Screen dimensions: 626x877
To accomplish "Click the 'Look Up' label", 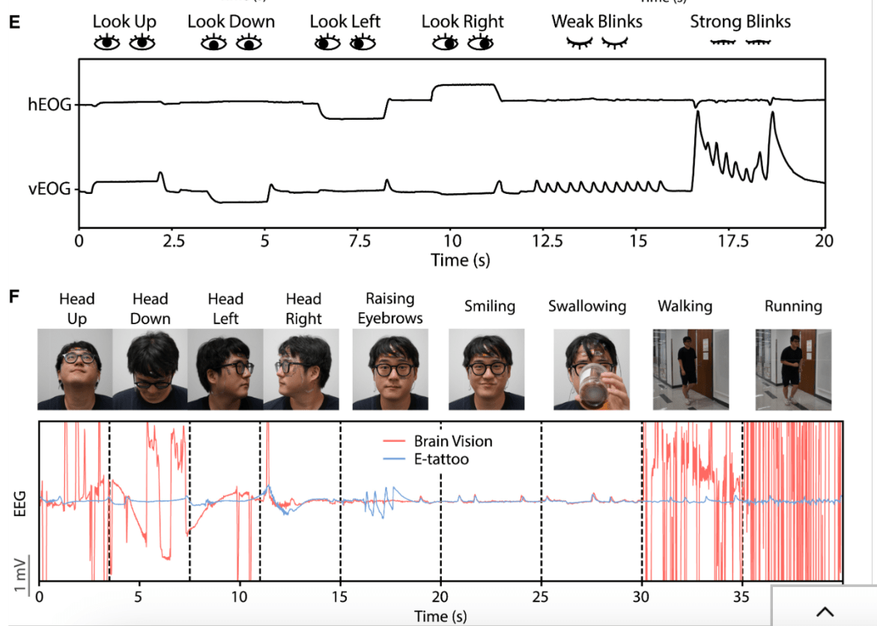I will pyautogui.click(x=124, y=22).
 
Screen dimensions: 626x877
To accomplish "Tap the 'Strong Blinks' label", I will pyautogui.click(x=740, y=22).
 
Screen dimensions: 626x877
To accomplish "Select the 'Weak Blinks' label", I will pyautogui.click(x=597, y=22).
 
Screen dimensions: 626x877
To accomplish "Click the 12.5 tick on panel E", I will pyautogui.click(x=544, y=241).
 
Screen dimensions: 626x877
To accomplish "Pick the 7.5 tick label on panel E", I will pyautogui.click(x=359, y=241).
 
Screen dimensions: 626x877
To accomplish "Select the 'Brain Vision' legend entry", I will pyautogui.click(x=453, y=441).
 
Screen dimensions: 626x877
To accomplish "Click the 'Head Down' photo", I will pyautogui.click(x=151, y=369).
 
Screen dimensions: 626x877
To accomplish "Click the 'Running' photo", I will pyautogui.click(x=792, y=369).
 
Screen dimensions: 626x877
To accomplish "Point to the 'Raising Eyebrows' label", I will pyautogui.click(x=389, y=308).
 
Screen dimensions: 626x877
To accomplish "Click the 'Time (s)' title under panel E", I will pyautogui.click(x=460, y=260).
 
